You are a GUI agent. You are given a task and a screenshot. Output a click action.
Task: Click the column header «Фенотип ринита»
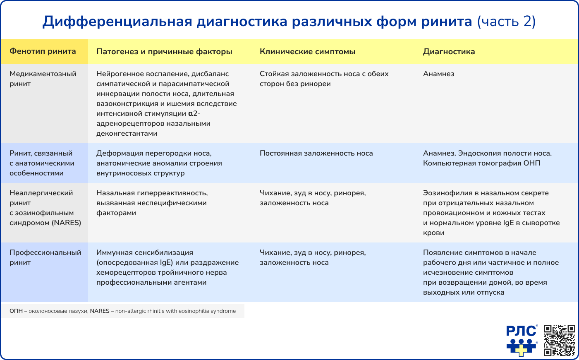(43, 51)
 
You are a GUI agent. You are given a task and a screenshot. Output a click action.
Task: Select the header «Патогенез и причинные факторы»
(164, 52)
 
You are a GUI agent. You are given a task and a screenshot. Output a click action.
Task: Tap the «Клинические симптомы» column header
(307, 52)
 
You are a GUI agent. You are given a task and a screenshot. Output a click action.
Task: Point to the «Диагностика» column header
(449, 52)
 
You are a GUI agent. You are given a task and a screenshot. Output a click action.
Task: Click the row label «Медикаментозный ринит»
(43, 79)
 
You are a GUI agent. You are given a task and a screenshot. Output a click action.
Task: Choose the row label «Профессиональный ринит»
(45, 257)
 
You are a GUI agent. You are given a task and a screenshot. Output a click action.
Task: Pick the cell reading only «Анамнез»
(438, 74)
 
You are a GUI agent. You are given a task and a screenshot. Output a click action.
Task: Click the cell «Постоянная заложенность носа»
(316, 153)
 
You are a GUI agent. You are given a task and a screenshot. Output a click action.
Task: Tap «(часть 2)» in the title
(506, 22)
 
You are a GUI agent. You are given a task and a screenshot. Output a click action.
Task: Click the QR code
(559, 340)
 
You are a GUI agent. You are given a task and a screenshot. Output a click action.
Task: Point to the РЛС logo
(522, 340)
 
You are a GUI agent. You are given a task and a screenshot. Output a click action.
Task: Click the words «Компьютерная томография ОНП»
(481, 163)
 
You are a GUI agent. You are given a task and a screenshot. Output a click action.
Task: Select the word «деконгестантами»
(127, 133)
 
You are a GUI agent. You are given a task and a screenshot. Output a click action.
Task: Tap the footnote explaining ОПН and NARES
(122, 311)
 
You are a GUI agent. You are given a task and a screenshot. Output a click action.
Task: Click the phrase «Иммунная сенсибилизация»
(144, 252)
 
